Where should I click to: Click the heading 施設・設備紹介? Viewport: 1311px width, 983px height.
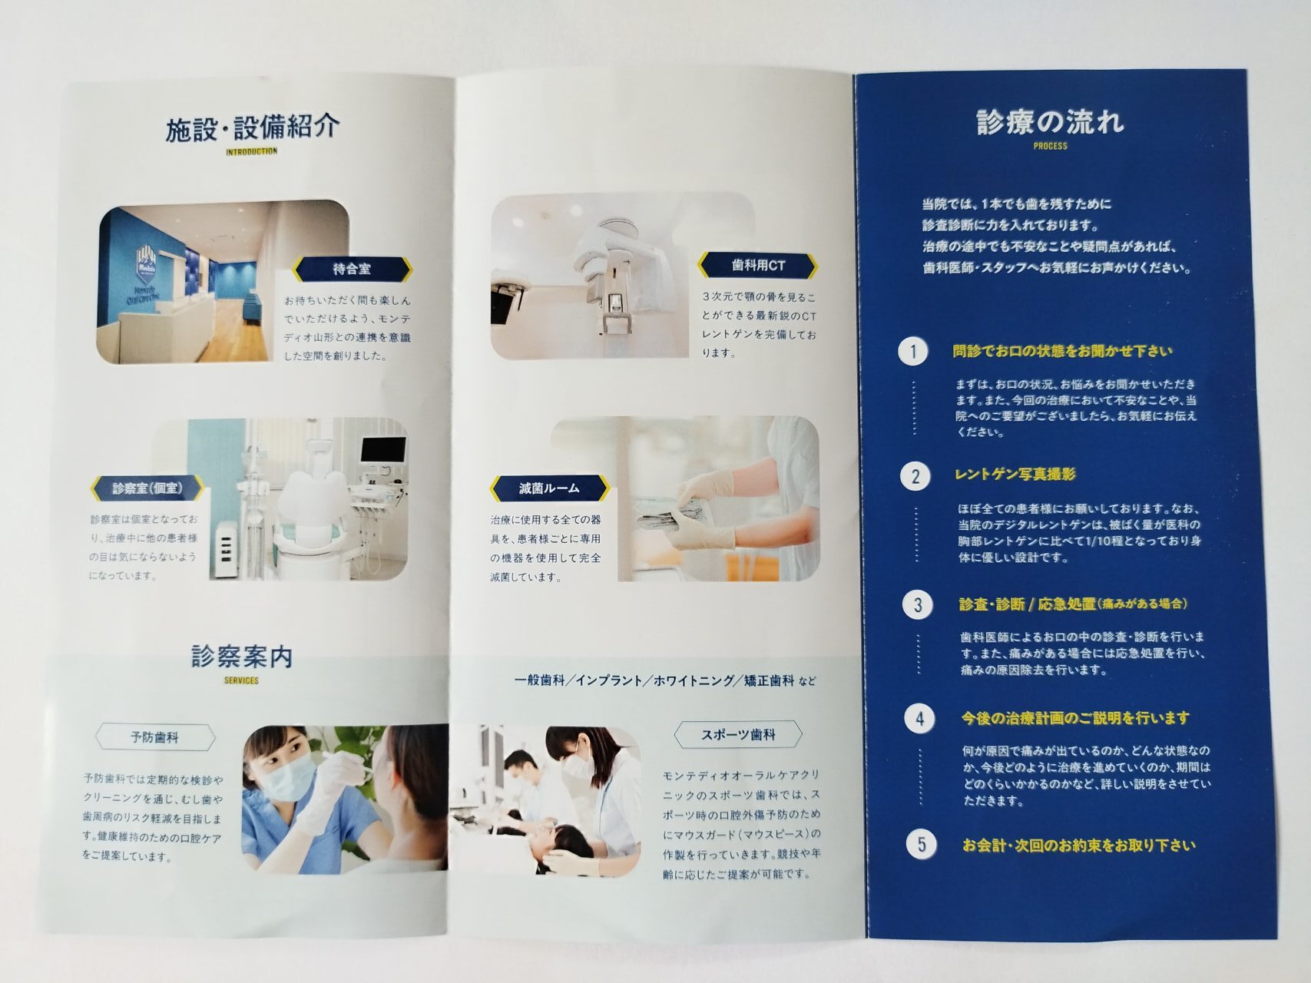click(253, 127)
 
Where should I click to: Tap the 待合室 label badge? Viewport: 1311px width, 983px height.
click(353, 268)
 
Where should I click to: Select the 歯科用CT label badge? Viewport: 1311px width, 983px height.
click(758, 266)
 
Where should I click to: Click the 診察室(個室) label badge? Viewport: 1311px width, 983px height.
click(147, 488)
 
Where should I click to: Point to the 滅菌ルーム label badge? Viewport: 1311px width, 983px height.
click(549, 488)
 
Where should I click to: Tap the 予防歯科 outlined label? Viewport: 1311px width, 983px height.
click(155, 738)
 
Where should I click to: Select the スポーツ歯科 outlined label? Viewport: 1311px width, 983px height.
click(738, 735)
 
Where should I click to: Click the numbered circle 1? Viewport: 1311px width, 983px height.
click(913, 352)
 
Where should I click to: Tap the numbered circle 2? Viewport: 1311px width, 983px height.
click(915, 477)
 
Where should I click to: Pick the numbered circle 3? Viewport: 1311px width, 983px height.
click(917, 605)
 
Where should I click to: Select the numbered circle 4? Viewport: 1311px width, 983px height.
click(919, 720)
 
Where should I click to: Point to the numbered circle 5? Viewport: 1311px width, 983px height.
click(922, 845)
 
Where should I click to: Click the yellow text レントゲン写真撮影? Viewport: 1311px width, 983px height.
click(1015, 475)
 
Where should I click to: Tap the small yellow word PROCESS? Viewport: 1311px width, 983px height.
click(1051, 146)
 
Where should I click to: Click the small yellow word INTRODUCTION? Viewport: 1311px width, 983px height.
click(252, 152)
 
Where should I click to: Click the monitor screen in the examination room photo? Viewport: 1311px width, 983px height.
click(383, 451)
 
